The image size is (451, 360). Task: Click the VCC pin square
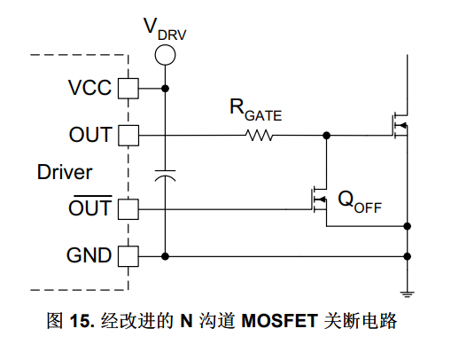(x=128, y=89)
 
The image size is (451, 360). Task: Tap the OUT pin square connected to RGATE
(x=128, y=136)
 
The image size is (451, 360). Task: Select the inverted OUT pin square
(x=128, y=209)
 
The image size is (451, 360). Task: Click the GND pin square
(x=128, y=256)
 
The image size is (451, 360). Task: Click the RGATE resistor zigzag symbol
(x=259, y=136)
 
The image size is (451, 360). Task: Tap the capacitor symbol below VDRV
(x=165, y=176)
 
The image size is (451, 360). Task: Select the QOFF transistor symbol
(x=319, y=200)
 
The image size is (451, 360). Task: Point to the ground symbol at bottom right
(x=408, y=294)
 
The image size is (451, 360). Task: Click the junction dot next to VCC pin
(x=165, y=89)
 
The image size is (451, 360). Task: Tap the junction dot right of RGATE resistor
(x=326, y=136)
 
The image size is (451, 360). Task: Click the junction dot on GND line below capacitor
(x=165, y=256)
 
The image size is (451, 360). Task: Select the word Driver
(x=65, y=172)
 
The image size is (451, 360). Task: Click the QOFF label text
(x=360, y=202)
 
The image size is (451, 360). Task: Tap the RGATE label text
(x=256, y=110)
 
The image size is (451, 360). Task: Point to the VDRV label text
(x=165, y=29)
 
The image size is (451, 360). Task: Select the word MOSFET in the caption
(x=279, y=321)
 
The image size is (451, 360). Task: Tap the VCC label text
(x=89, y=88)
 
